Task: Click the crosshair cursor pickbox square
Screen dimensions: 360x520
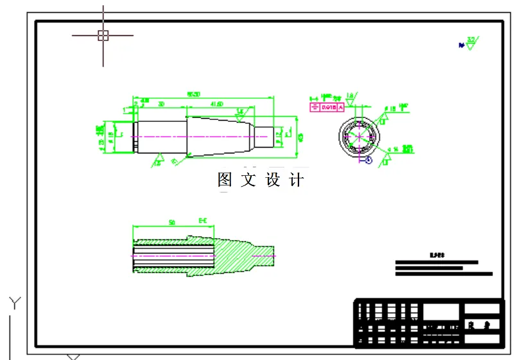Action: pyautogui.click(x=103, y=35)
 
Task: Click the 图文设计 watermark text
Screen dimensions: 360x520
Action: pyautogui.click(x=260, y=180)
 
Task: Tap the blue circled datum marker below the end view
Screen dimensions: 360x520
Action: pyautogui.click(x=368, y=160)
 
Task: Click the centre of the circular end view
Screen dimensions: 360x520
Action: pyautogui.click(x=360, y=135)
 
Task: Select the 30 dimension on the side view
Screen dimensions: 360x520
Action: pyautogui.click(x=160, y=103)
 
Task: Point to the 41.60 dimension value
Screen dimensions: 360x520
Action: pyautogui.click(x=216, y=103)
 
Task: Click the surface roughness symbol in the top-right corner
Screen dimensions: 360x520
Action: pyautogui.click(x=471, y=43)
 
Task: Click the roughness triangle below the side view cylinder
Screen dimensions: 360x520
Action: pyautogui.click(x=159, y=159)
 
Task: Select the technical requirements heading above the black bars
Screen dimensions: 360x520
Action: pyautogui.click(x=437, y=255)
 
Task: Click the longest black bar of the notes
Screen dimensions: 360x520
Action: pyautogui.click(x=444, y=274)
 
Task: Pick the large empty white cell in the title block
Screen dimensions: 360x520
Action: pyautogui.click(x=442, y=312)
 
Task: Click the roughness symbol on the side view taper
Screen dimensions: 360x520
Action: pyautogui.click(x=240, y=113)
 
